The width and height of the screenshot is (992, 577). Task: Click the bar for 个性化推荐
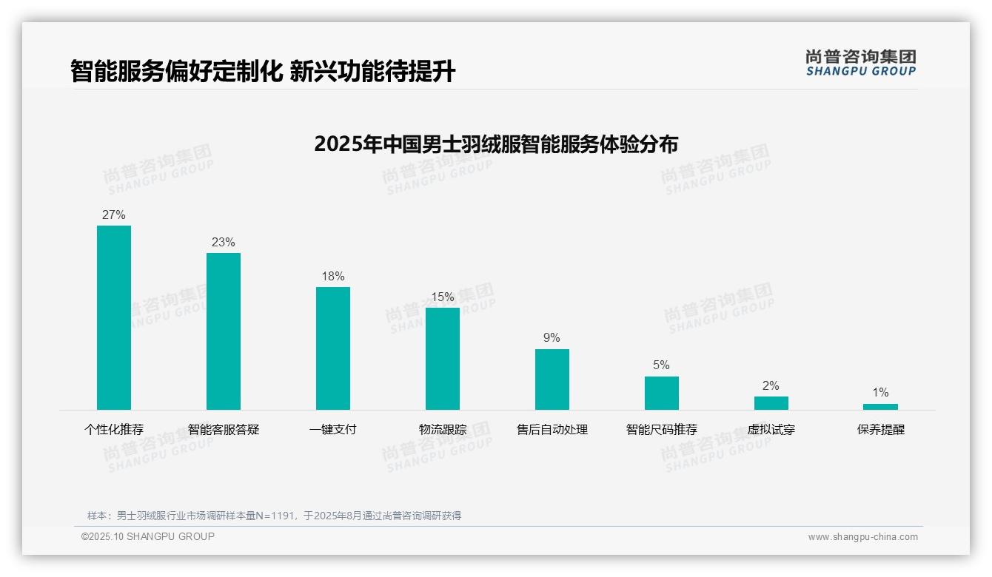(x=114, y=317)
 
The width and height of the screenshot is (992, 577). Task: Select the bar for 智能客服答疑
(x=224, y=331)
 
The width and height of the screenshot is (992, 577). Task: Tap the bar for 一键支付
(x=333, y=348)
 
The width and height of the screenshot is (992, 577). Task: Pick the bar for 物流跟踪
(x=443, y=359)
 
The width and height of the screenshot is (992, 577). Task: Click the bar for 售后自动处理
(x=552, y=379)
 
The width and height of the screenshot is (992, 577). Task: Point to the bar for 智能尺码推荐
(x=662, y=393)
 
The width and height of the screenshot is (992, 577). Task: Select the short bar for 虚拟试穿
(x=771, y=403)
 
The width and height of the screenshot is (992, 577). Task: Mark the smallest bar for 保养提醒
(x=880, y=407)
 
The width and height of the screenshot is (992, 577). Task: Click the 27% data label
(x=114, y=215)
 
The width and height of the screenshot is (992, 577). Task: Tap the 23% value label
(x=224, y=243)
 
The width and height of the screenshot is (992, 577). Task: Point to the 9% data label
(x=552, y=338)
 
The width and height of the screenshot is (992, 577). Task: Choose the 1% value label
(x=880, y=393)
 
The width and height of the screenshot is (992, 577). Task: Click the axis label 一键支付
(x=333, y=430)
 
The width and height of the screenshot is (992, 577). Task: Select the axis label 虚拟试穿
(x=771, y=430)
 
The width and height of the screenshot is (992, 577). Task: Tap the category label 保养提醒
(x=881, y=430)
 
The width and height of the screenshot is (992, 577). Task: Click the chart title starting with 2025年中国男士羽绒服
(x=496, y=144)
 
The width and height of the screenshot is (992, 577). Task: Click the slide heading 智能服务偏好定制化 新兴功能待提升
(x=263, y=72)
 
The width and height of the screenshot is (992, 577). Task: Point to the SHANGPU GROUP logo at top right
(x=861, y=63)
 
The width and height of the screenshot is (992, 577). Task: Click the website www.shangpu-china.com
(x=862, y=537)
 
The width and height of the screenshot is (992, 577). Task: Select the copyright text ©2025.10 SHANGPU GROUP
(x=148, y=536)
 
